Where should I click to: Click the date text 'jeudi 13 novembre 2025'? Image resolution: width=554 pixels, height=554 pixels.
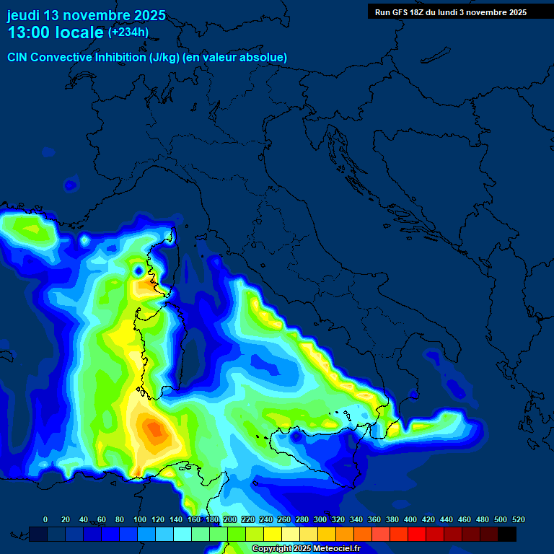[x=86, y=15]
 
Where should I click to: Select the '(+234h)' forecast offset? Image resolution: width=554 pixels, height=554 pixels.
[x=128, y=32]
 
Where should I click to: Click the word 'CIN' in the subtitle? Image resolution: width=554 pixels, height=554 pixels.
[x=18, y=57]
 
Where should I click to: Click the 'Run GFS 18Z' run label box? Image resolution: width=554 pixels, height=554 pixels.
[x=451, y=12]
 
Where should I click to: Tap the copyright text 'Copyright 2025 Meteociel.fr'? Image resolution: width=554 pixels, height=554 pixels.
[x=305, y=549]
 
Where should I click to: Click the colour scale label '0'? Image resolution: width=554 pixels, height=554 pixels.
[x=45, y=520]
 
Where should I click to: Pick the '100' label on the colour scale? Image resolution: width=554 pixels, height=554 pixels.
[x=138, y=520]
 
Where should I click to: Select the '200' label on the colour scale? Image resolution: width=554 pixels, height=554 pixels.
[x=230, y=520]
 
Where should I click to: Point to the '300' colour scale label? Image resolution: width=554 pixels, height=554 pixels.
[x=320, y=520]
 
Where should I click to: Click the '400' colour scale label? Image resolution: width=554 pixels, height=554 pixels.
[x=410, y=520]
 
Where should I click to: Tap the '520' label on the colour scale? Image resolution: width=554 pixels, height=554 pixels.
[x=518, y=520]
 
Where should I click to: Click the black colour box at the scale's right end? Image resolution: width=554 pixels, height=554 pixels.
[x=507, y=534]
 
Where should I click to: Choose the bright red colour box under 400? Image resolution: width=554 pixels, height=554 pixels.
[x=417, y=534]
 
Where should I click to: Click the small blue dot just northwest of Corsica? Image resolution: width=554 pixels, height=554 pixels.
[x=138, y=271]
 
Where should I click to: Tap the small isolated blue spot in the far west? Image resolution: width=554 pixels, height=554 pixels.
[x=70, y=185]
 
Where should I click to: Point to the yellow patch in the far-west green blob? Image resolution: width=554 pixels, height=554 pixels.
[x=31, y=229]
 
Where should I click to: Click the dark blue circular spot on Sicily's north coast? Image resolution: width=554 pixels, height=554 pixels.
[x=296, y=436]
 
